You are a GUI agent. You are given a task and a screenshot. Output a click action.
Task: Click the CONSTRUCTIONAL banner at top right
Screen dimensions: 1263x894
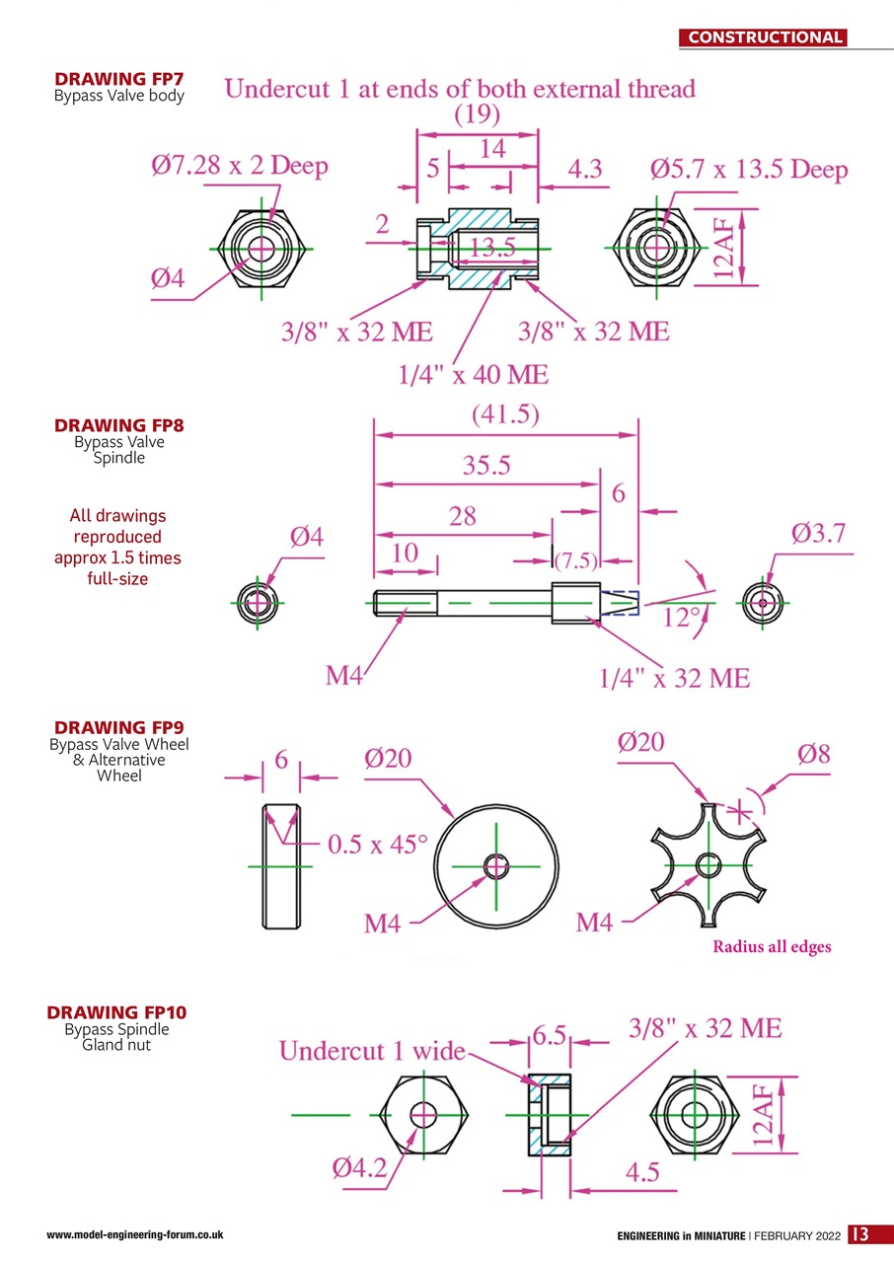765,37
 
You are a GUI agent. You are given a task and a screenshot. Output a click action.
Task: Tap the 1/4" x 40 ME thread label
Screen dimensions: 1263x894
473,375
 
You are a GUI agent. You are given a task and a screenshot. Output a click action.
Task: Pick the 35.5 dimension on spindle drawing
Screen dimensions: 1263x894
486,466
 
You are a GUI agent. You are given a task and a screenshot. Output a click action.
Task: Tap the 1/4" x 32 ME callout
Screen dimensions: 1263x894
674,678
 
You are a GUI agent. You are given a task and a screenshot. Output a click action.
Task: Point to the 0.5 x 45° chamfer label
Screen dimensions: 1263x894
378,845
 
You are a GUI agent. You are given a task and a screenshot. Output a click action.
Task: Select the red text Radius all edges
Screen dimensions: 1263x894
772,946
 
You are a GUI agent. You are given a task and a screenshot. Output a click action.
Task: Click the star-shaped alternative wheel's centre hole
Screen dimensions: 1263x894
708,865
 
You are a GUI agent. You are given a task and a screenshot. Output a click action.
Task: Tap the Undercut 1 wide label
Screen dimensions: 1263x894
371,1051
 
